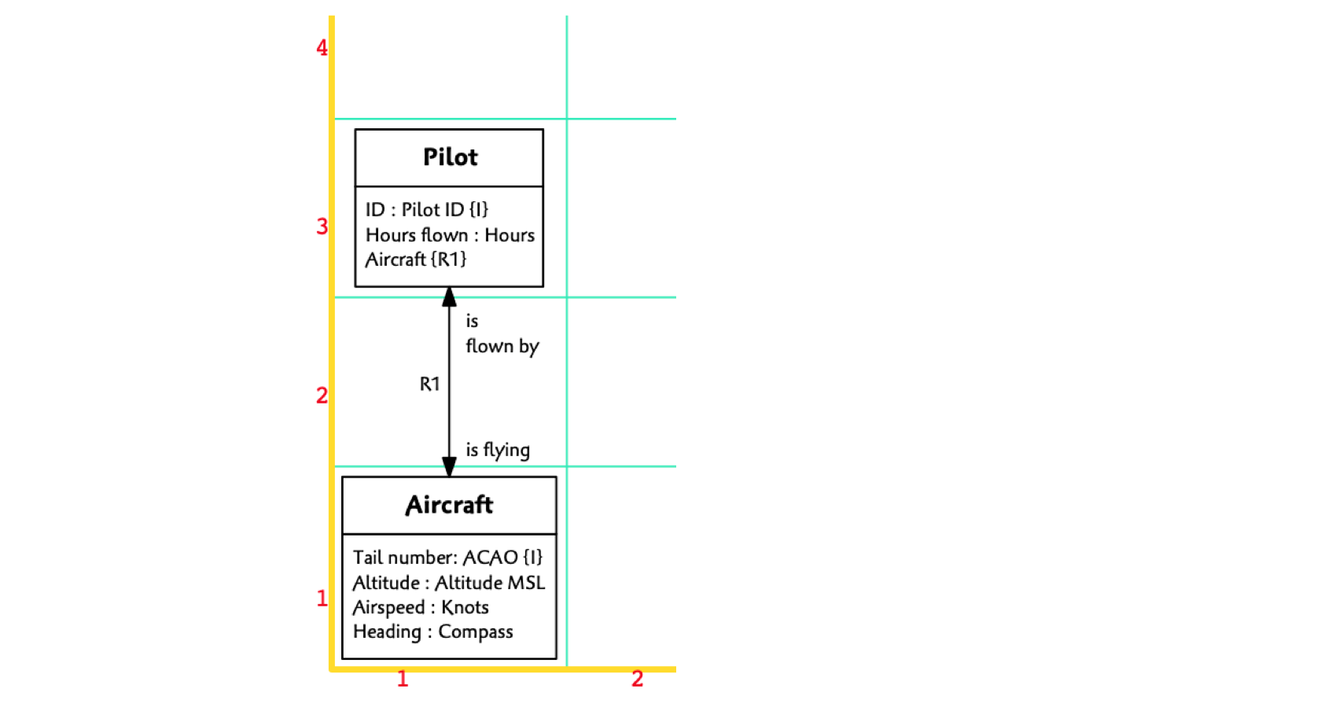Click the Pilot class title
[x=450, y=157]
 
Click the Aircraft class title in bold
[x=449, y=505]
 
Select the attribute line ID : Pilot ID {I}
[x=427, y=209]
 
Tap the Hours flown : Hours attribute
[x=450, y=234]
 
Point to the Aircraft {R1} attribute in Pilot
[x=416, y=260]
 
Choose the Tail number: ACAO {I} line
[x=447, y=558]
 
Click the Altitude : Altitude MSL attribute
[x=449, y=583]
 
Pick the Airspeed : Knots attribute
[x=421, y=607]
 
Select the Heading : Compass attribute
[x=432, y=632]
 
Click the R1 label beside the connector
[x=429, y=384]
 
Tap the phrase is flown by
[x=502, y=333]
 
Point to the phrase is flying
[x=498, y=450]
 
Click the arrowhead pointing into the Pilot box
[x=450, y=296]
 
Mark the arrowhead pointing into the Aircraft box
[x=450, y=467]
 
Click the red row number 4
[x=322, y=48]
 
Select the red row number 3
[x=322, y=226]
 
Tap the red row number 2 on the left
[x=322, y=395]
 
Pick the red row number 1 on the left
[x=322, y=598]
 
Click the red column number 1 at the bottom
[x=403, y=679]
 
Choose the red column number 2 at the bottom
[x=638, y=679]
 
